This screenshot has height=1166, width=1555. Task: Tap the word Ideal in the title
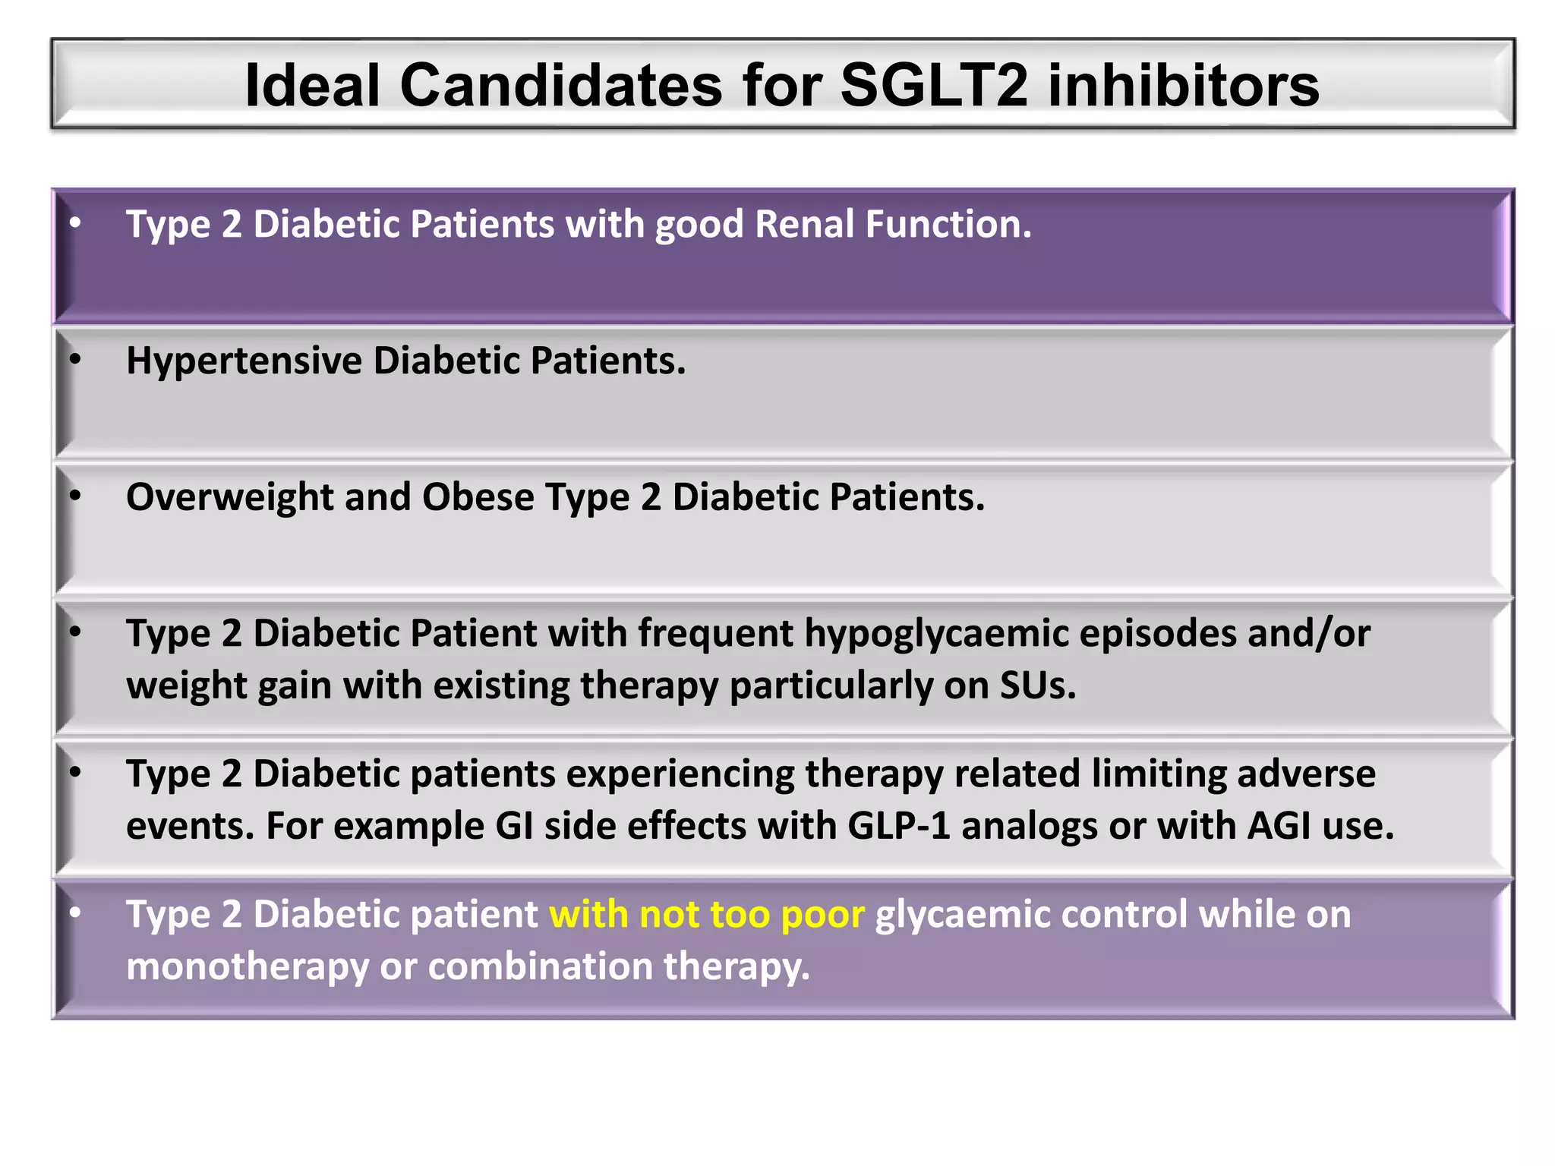tap(312, 85)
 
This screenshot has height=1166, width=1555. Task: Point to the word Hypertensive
tap(243, 361)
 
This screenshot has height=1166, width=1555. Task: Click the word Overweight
tap(229, 497)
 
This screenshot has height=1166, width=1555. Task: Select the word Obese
tap(478, 497)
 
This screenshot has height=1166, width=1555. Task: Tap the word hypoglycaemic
tap(936, 635)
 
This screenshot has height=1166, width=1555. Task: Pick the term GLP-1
tap(899, 826)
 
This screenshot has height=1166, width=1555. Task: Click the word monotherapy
tap(247, 967)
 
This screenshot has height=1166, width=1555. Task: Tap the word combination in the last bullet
tap(540, 966)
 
